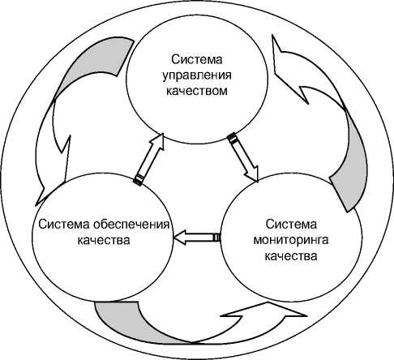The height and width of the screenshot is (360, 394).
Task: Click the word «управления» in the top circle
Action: coord(197,75)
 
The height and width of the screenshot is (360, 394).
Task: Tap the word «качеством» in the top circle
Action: coord(197,91)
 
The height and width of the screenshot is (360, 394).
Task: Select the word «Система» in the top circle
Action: coord(197,59)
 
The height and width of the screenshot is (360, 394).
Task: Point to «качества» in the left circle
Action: coord(104,240)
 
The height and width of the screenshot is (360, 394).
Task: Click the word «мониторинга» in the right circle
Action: coord(291,240)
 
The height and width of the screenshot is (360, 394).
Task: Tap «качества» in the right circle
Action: coord(291,255)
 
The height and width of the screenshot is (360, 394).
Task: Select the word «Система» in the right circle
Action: coord(291,225)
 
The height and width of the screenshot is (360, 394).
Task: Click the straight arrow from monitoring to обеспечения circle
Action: coord(197,238)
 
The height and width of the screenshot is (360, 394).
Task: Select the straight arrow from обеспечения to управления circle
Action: coord(149,160)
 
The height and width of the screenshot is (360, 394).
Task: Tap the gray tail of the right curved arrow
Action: coord(351,162)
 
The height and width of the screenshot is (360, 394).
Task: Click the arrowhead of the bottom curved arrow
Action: coord(263,311)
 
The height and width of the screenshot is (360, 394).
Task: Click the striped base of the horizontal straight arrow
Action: coord(216,238)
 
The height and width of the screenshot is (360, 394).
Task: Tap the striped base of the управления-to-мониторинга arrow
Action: coord(233,138)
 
